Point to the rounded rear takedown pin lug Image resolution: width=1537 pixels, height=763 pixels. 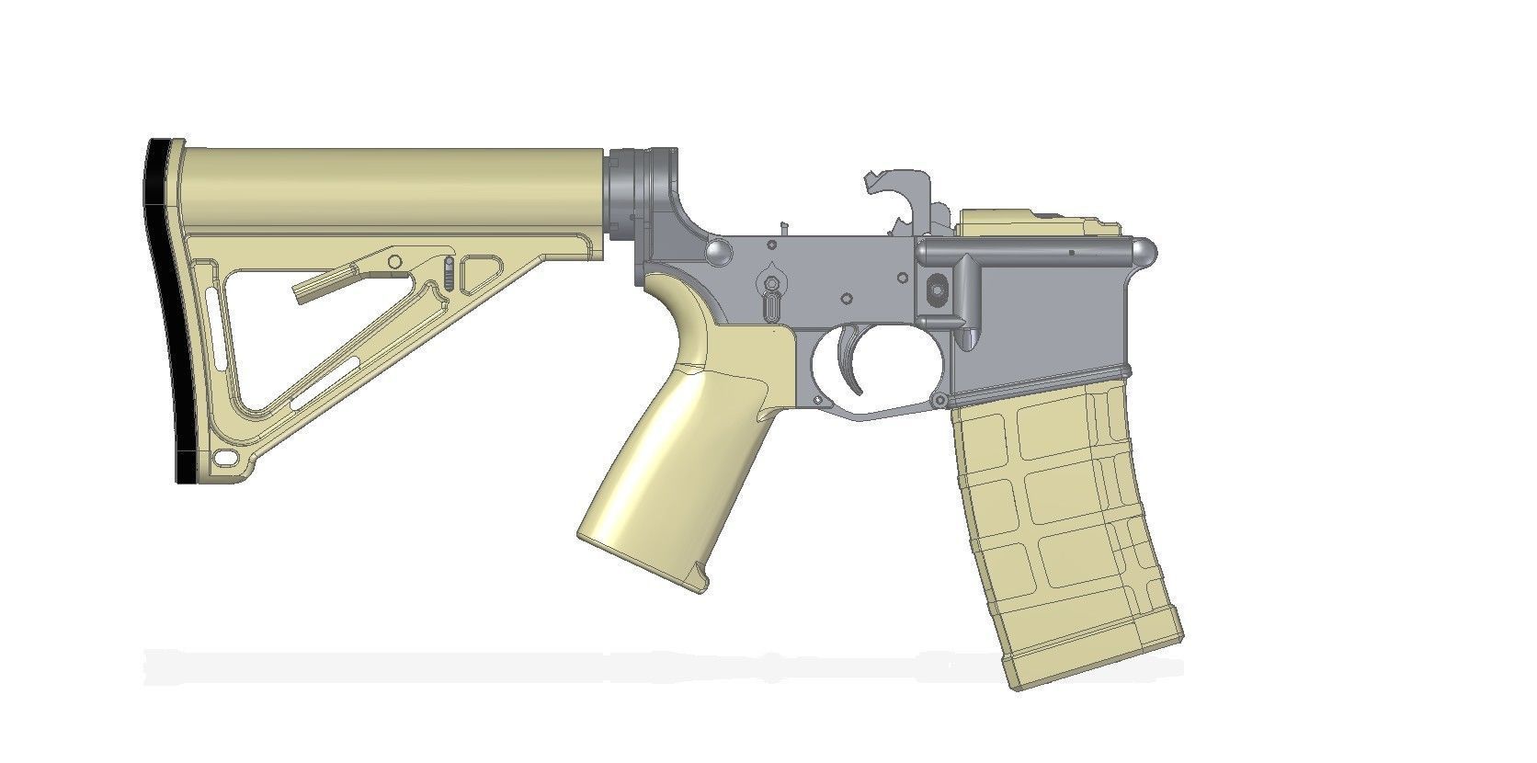719,251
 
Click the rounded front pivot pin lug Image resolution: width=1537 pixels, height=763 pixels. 1143,251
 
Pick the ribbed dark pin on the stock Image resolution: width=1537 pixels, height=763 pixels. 448,273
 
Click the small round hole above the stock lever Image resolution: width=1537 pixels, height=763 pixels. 394,262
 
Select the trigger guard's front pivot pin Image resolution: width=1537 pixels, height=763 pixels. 939,400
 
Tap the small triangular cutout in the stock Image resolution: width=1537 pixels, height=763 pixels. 479,274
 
